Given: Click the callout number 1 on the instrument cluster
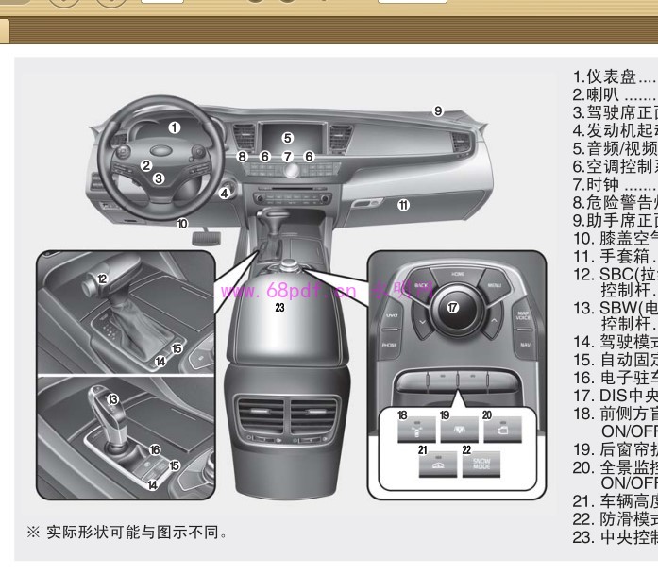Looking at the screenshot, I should click(175, 127).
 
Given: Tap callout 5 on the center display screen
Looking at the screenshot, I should click(288, 138).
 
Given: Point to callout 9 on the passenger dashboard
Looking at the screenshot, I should click(438, 111).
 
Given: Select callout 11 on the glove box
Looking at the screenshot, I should click(403, 204).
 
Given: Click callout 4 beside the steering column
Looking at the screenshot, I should click(225, 194).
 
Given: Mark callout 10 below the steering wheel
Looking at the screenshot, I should click(182, 225).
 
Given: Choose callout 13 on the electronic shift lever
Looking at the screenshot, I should click(112, 399).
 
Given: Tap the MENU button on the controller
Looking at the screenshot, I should click(492, 286).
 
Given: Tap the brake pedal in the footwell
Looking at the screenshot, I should click(204, 246).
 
